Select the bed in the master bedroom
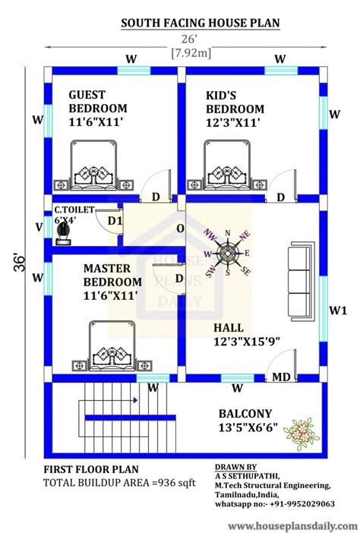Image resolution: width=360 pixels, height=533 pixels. point(112,347)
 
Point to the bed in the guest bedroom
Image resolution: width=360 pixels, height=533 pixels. point(93,166)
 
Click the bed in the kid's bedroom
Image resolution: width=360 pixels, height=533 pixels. point(227,166)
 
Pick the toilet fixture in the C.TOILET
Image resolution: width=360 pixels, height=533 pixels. point(64,233)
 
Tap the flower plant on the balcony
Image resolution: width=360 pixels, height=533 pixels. point(302,434)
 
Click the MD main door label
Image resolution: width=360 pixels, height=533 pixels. point(281,377)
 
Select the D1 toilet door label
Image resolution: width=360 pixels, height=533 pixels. point(115,221)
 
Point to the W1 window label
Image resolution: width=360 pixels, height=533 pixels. point(338,311)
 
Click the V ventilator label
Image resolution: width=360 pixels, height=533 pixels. point(39,227)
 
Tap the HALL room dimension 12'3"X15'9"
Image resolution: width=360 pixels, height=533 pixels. point(247,341)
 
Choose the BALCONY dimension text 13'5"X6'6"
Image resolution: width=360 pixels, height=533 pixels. point(248,427)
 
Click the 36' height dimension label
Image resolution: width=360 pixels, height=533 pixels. point(20,262)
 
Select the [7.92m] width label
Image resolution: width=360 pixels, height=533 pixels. point(191,53)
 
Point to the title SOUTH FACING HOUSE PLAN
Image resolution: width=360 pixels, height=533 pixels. point(201,23)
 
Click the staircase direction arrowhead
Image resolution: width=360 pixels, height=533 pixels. point(136,400)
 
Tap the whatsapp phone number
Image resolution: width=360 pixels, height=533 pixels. point(302,503)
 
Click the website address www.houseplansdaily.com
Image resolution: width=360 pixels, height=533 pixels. point(292,526)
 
